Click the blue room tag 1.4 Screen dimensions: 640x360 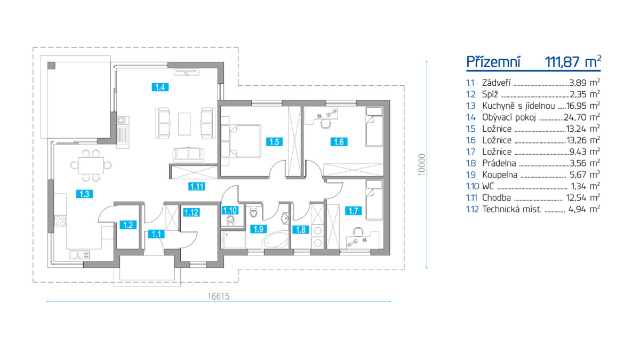[x=160, y=87]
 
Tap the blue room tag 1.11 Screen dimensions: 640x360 [x=197, y=187]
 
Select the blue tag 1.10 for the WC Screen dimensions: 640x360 [x=230, y=211]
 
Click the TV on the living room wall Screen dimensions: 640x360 [x=186, y=71]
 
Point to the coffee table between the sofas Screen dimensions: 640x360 [x=185, y=124]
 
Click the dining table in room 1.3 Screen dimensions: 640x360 [x=91, y=165]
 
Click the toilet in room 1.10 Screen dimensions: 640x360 [x=230, y=221]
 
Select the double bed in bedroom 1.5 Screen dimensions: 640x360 [x=244, y=141]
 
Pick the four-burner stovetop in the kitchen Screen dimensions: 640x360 [x=60, y=221]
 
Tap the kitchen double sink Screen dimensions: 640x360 [x=79, y=255]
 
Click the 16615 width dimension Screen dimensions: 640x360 [x=219, y=297]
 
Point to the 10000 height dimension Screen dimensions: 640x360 [x=421, y=165]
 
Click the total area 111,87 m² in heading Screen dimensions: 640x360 [x=573, y=62]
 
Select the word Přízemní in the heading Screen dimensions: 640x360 [x=493, y=62]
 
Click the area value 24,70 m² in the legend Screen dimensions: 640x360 [x=582, y=117]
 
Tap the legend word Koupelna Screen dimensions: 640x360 [x=499, y=174]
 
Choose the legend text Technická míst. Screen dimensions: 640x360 [x=511, y=209]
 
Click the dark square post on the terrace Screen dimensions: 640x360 [x=51, y=66]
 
